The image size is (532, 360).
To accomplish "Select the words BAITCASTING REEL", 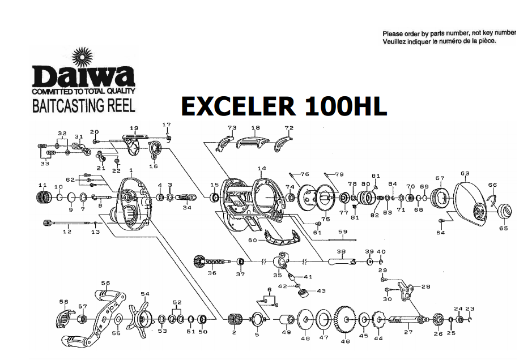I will [x=84, y=105].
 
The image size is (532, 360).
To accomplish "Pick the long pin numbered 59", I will [x=342, y=238].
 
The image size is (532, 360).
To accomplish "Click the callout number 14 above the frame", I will [x=261, y=169].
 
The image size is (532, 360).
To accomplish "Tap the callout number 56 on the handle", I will [x=105, y=284].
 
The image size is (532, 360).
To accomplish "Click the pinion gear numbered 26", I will [x=437, y=320].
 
